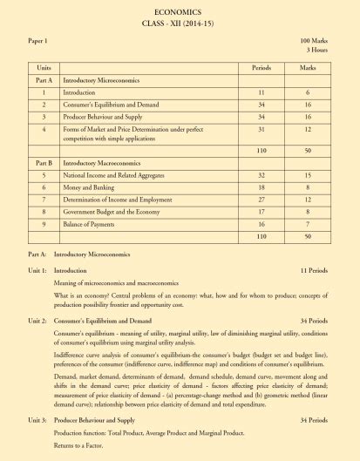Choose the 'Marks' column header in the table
coord(307,67)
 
